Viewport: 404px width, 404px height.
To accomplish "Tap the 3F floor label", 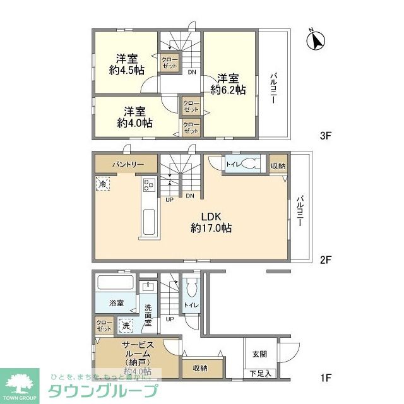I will click(x=325, y=135).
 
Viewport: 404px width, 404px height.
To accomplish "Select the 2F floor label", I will click(x=325, y=259).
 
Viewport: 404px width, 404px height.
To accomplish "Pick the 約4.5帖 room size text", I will click(x=125, y=70).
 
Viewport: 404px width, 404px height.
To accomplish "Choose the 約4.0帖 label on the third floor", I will click(x=134, y=123).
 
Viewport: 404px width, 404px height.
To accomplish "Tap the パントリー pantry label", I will click(x=129, y=164).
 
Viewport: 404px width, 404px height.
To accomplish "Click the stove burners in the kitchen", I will click(x=150, y=185).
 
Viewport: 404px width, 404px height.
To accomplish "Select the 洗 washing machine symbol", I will click(x=126, y=326).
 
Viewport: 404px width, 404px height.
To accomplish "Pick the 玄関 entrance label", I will click(x=259, y=354).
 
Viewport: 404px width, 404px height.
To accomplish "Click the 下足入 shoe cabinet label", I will click(x=259, y=374).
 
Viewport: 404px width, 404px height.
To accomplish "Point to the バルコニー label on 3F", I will click(x=275, y=89).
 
